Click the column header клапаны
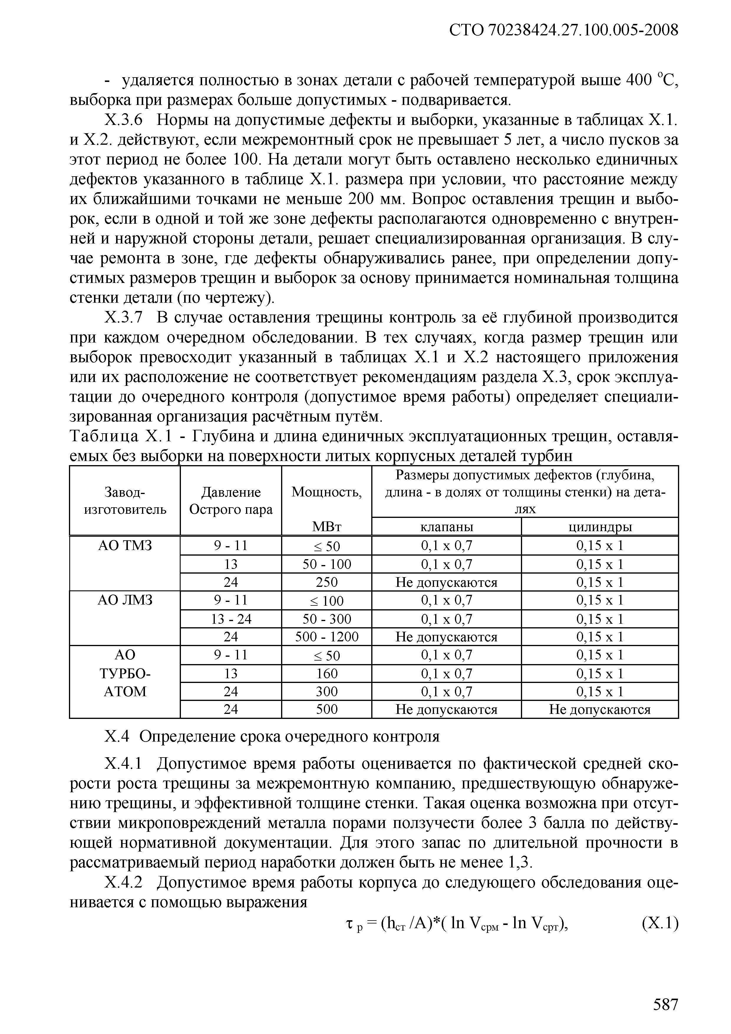[446, 527]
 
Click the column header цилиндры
[600, 527]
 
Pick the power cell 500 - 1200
[326, 637]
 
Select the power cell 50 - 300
[326, 619]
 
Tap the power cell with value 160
[326, 673]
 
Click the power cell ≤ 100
[326, 601]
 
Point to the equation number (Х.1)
[659, 923]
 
